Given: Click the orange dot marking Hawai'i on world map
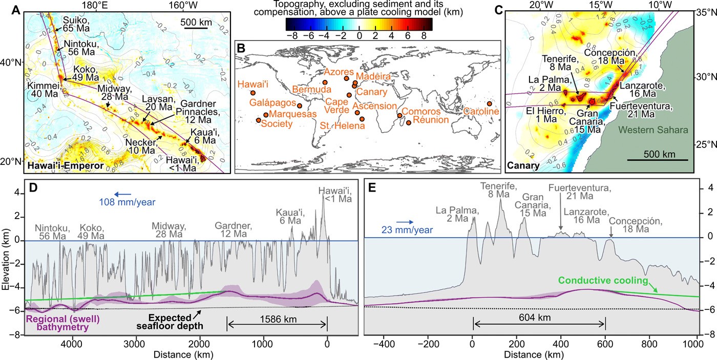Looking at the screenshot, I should tap(252, 93).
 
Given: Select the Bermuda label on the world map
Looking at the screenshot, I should tap(309, 90).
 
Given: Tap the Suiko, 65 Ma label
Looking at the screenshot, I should tap(75, 24).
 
